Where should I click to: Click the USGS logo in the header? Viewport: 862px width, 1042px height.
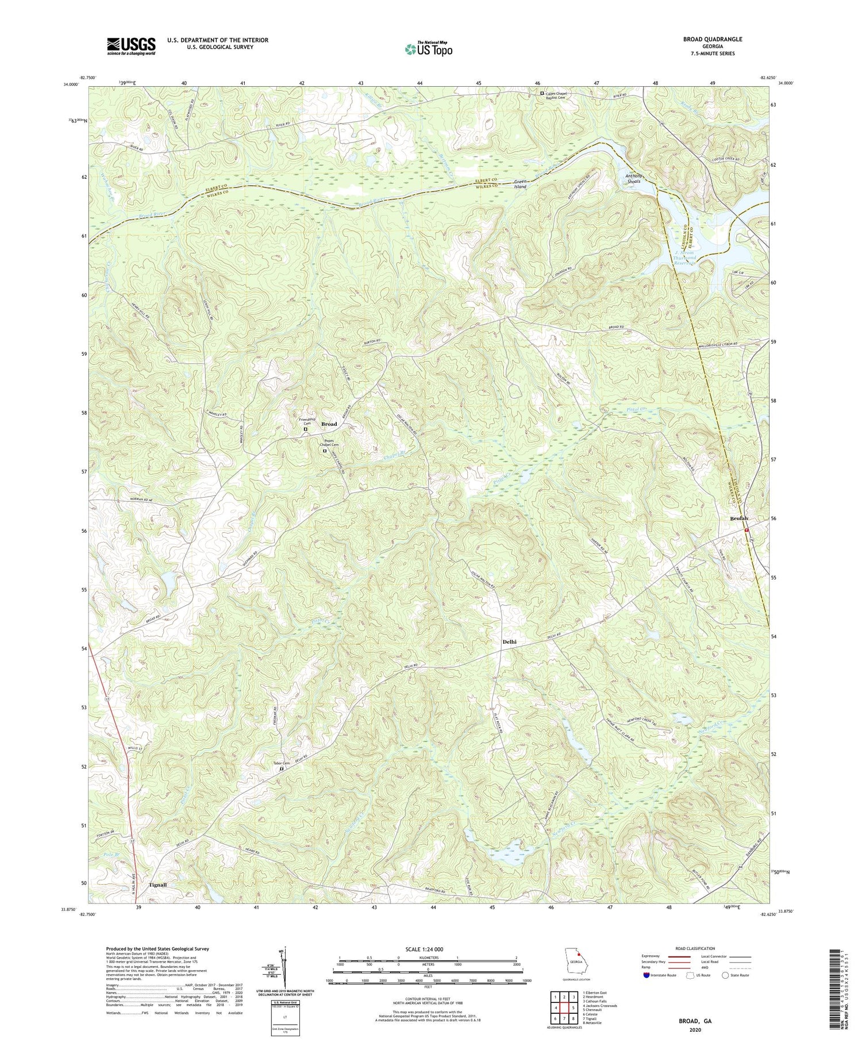pos(130,46)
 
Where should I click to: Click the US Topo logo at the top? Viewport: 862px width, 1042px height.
pos(428,49)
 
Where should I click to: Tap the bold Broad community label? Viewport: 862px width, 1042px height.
pos(329,424)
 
